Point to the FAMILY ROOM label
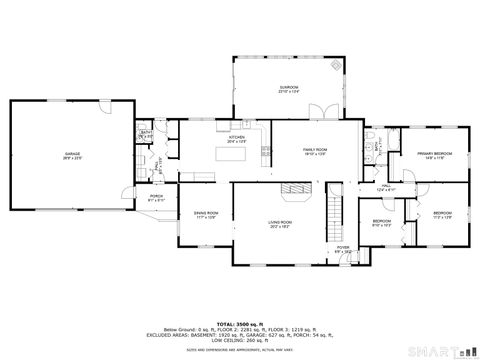tap(316, 149)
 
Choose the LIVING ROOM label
tap(279, 222)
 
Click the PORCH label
tap(156, 196)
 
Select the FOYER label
tap(343, 246)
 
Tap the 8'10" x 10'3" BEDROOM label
tap(381, 221)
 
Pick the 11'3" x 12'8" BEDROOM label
tap(442, 214)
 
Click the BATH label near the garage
tap(146, 133)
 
